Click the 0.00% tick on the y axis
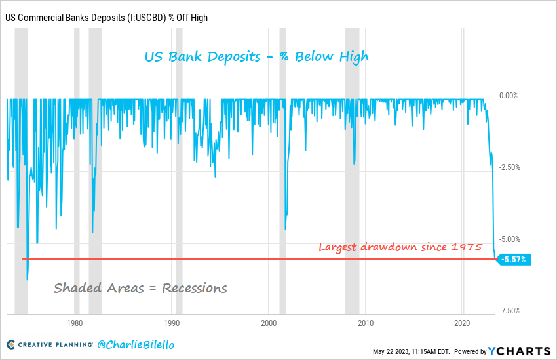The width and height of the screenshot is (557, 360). click(x=509, y=96)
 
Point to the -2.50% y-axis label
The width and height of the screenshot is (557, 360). click(x=509, y=167)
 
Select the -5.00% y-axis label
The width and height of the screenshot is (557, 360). click(x=509, y=239)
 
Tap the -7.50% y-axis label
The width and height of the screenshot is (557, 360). click(x=509, y=311)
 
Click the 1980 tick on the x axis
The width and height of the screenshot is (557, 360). click(x=75, y=323)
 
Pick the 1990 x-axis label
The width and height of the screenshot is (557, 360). click(x=172, y=323)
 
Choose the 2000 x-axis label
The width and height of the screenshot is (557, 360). click(x=269, y=323)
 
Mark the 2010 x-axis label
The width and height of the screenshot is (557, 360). click(x=366, y=323)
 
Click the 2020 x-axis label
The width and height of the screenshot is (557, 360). click(x=463, y=323)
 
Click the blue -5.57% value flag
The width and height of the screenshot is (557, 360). click(x=515, y=260)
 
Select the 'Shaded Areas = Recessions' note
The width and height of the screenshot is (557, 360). click(x=140, y=288)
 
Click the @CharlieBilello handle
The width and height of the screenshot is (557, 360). click(x=136, y=344)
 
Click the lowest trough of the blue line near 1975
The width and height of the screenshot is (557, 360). click(x=27, y=279)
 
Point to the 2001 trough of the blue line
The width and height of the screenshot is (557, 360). click(x=285, y=229)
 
